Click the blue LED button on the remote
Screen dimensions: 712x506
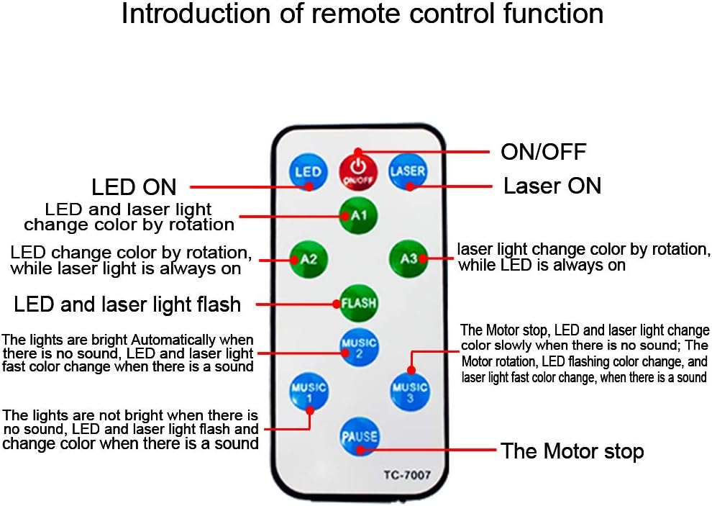coord(309,172)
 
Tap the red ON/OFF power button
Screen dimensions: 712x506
coord(358,171)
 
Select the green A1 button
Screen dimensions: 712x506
coord(358,215)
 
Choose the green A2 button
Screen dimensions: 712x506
coord(309,259)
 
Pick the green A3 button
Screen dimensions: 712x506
coord(409,258)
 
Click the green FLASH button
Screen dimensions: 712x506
coord(359,303)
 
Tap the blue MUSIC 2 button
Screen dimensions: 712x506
coord(359,348)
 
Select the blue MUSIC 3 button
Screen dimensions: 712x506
coord(409,391)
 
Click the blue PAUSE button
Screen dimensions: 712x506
coord(359,436)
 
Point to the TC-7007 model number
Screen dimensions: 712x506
coord(407,475)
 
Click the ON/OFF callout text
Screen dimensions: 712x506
coord(544,152)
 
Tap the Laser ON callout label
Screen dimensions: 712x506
coord(552,186)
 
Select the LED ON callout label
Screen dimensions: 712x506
coord(134,187)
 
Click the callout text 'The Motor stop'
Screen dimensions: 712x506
coord(572,451)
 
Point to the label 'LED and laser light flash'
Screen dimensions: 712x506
coord(127,304)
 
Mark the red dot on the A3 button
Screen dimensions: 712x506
coord(423,258)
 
